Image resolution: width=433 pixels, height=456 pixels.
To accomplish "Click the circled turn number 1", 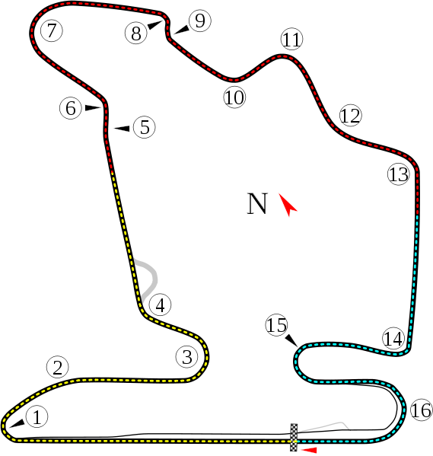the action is (37, 416).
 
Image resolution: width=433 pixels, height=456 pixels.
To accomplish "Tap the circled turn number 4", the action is (160, 305).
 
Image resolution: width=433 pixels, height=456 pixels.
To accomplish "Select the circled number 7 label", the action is (52, 30).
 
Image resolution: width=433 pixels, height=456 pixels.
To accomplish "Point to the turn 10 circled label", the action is (234, 97).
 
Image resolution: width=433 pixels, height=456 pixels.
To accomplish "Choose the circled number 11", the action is (291, 40).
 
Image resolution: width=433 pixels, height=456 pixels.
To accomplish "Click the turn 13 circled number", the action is (399, 174).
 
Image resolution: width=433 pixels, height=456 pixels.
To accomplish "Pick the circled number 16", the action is (422, 410).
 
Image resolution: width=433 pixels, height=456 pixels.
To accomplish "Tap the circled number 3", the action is (187, 356).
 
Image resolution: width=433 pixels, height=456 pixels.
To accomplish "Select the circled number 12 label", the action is (350, 116).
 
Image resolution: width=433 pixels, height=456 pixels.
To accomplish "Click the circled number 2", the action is (58, 367).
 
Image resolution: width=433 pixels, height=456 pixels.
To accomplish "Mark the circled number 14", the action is (393, 338).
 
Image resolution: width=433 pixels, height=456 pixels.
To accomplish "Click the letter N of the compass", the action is (257, 203).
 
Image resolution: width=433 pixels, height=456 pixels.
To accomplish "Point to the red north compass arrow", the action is (288, 205).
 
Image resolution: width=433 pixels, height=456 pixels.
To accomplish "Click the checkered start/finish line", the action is (294, 438).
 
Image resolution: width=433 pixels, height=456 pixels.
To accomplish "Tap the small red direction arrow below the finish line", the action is (309, 450).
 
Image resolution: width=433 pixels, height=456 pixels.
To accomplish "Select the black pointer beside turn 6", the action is (93, 108).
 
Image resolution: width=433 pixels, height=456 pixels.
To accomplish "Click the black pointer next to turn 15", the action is (291, 340).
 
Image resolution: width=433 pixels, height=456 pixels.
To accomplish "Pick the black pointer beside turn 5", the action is (122, 128).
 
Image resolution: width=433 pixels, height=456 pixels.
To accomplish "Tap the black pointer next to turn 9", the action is (181, 30).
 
